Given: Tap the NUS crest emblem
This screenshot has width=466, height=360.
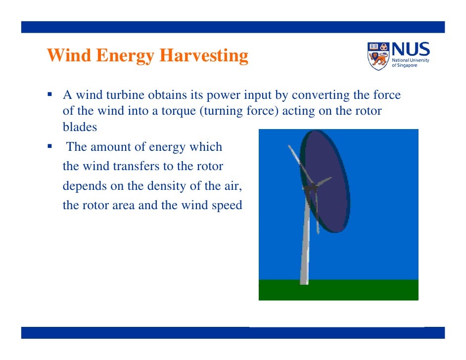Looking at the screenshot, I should tap(378, 56).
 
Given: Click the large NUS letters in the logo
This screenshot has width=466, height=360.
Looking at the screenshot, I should tap(411, 50).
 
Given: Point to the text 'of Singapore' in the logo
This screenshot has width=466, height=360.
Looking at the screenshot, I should tap(404, 66).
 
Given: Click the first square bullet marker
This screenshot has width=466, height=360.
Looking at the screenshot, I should tap(50, 94).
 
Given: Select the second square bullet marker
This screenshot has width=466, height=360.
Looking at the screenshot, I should tap(50, 147).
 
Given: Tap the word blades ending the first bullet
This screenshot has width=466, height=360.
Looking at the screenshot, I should tap(80, 127).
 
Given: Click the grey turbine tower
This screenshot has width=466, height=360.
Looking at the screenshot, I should tap(305, 242).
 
